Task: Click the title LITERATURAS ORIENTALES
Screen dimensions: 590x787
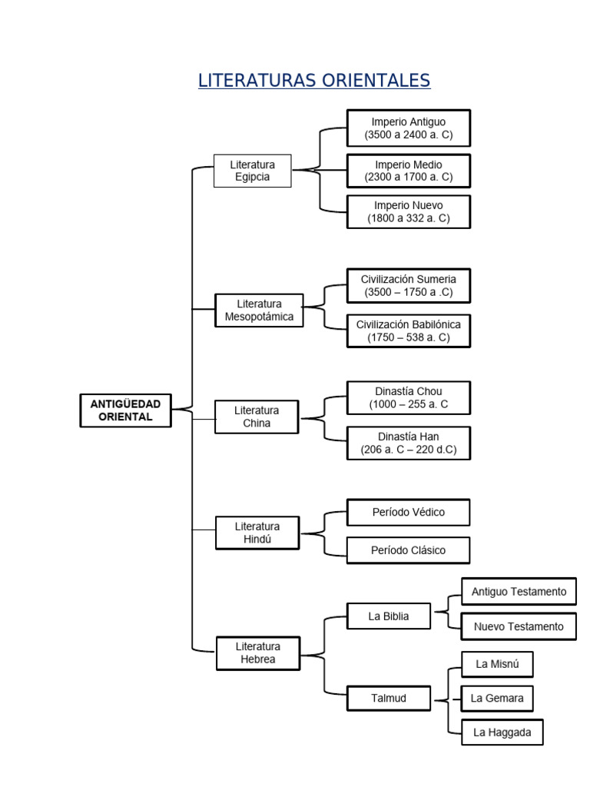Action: [314, 80]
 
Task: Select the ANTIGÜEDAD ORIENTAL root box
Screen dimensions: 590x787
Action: [125, 410]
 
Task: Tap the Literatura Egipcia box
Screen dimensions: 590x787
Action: [252, 171]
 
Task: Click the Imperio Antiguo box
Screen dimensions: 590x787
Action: [409, 128]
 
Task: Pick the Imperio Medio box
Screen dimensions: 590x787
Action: [409, 171]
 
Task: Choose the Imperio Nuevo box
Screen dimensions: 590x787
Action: [409, 212]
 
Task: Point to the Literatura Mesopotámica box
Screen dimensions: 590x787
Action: [259, 310]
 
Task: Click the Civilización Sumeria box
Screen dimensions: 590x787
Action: [409, 286]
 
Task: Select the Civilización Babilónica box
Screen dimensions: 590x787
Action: [409, 330]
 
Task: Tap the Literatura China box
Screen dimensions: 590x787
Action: [257, 417]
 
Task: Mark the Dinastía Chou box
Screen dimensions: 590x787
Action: [409, 397]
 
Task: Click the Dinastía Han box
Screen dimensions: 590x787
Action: [409, 443]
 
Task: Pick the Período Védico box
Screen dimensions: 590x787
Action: [409, 512]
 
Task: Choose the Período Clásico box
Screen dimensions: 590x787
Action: [409, 550]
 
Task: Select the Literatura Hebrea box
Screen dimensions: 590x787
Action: [258, 653]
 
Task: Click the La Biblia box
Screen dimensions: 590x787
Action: [388, 616]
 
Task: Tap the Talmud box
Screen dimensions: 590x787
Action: [388, 698]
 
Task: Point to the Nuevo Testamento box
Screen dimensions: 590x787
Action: [519, 626]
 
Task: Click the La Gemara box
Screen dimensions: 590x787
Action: [497, 698]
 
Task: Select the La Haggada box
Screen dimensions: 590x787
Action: [502, 732]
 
